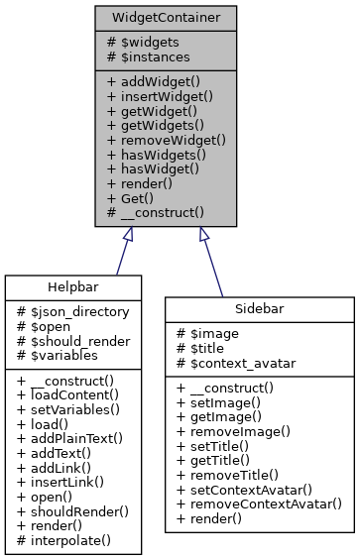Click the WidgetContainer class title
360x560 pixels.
tap(166, 18)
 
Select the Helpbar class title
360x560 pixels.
tap(75, 287)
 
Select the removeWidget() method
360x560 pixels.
tap(166, 140)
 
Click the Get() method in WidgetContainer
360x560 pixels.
tap(136, 197)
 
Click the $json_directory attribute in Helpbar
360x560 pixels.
tap(73, 311)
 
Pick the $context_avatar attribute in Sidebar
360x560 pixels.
tap(235, 363)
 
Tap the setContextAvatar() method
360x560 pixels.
tap(252, 489)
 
